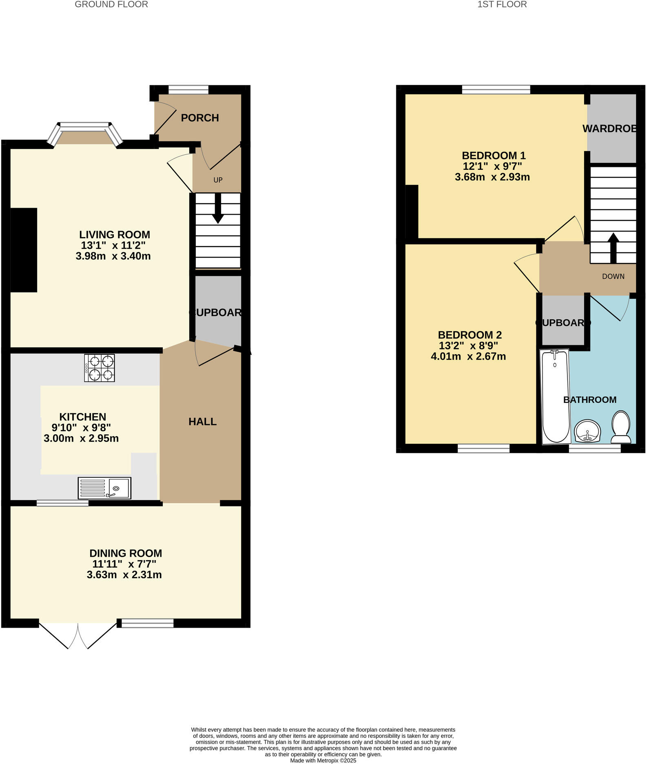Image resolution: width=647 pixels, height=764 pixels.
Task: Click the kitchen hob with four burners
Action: [100, 368]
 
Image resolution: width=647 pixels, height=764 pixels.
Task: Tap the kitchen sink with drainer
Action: [104, 488]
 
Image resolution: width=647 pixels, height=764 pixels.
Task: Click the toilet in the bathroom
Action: [621, 427]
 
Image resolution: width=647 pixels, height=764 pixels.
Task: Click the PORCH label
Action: [200, 118]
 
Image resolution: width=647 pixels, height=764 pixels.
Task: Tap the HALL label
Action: [202, 422]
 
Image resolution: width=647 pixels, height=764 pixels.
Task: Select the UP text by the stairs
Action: [218, 180]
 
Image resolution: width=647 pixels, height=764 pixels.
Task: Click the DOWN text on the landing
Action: [613, 276]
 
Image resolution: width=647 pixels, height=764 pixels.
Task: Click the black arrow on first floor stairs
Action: [613, 247]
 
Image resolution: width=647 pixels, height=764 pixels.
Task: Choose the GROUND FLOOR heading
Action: [111, 4]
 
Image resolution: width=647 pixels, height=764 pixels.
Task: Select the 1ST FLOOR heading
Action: [502, 4]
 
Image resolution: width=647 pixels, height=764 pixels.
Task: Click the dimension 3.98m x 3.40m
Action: [113, 256]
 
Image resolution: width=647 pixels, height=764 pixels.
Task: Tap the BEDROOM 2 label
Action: [470, 335]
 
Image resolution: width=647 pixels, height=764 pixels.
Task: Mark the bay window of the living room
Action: [85, 131]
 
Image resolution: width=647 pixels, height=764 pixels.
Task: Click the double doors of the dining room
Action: [78, 635]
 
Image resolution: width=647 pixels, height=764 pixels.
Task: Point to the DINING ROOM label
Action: [126, 553]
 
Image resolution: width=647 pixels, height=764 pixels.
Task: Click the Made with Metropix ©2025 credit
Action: [323, 761]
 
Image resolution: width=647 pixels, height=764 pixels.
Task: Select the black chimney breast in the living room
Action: [24, 250]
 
